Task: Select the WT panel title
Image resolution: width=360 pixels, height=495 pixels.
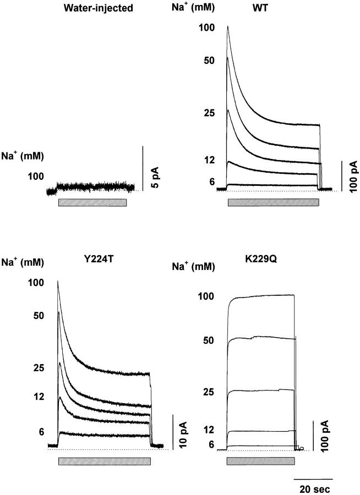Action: click(x=274, y=8)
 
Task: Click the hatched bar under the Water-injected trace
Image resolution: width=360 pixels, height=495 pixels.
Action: click(x=92, y=202)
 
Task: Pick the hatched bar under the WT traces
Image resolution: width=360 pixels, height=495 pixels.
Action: click(x=274, y=202)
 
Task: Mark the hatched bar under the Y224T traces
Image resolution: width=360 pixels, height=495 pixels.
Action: click(x=104, y=461)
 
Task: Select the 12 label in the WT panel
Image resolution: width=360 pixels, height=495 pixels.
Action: click(x=208, y=160)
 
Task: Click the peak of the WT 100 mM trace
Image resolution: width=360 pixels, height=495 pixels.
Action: click(x=227, y=26)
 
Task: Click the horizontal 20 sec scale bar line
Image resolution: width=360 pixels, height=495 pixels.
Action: click(x=313, y=479)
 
